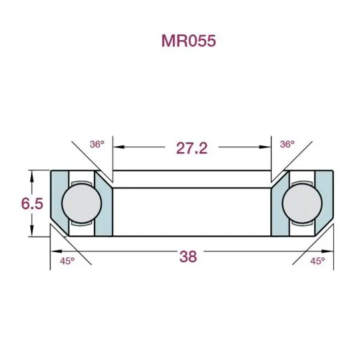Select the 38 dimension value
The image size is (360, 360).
188,256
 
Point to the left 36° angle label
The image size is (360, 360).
98,144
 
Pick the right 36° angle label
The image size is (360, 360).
287,144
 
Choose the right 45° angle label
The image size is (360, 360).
316,261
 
